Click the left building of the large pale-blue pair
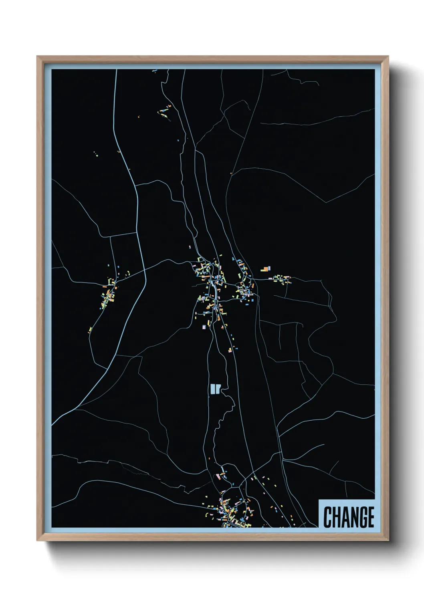pos(212,389)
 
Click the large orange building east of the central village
pos(266,269)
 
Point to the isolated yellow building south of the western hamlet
pos(91,330)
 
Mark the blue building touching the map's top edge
pos(154,71)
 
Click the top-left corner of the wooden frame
pos(38,57)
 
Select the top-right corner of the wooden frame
pos(388,57)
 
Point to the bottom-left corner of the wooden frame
pos(38,540)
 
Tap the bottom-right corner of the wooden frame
pos(388,540)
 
